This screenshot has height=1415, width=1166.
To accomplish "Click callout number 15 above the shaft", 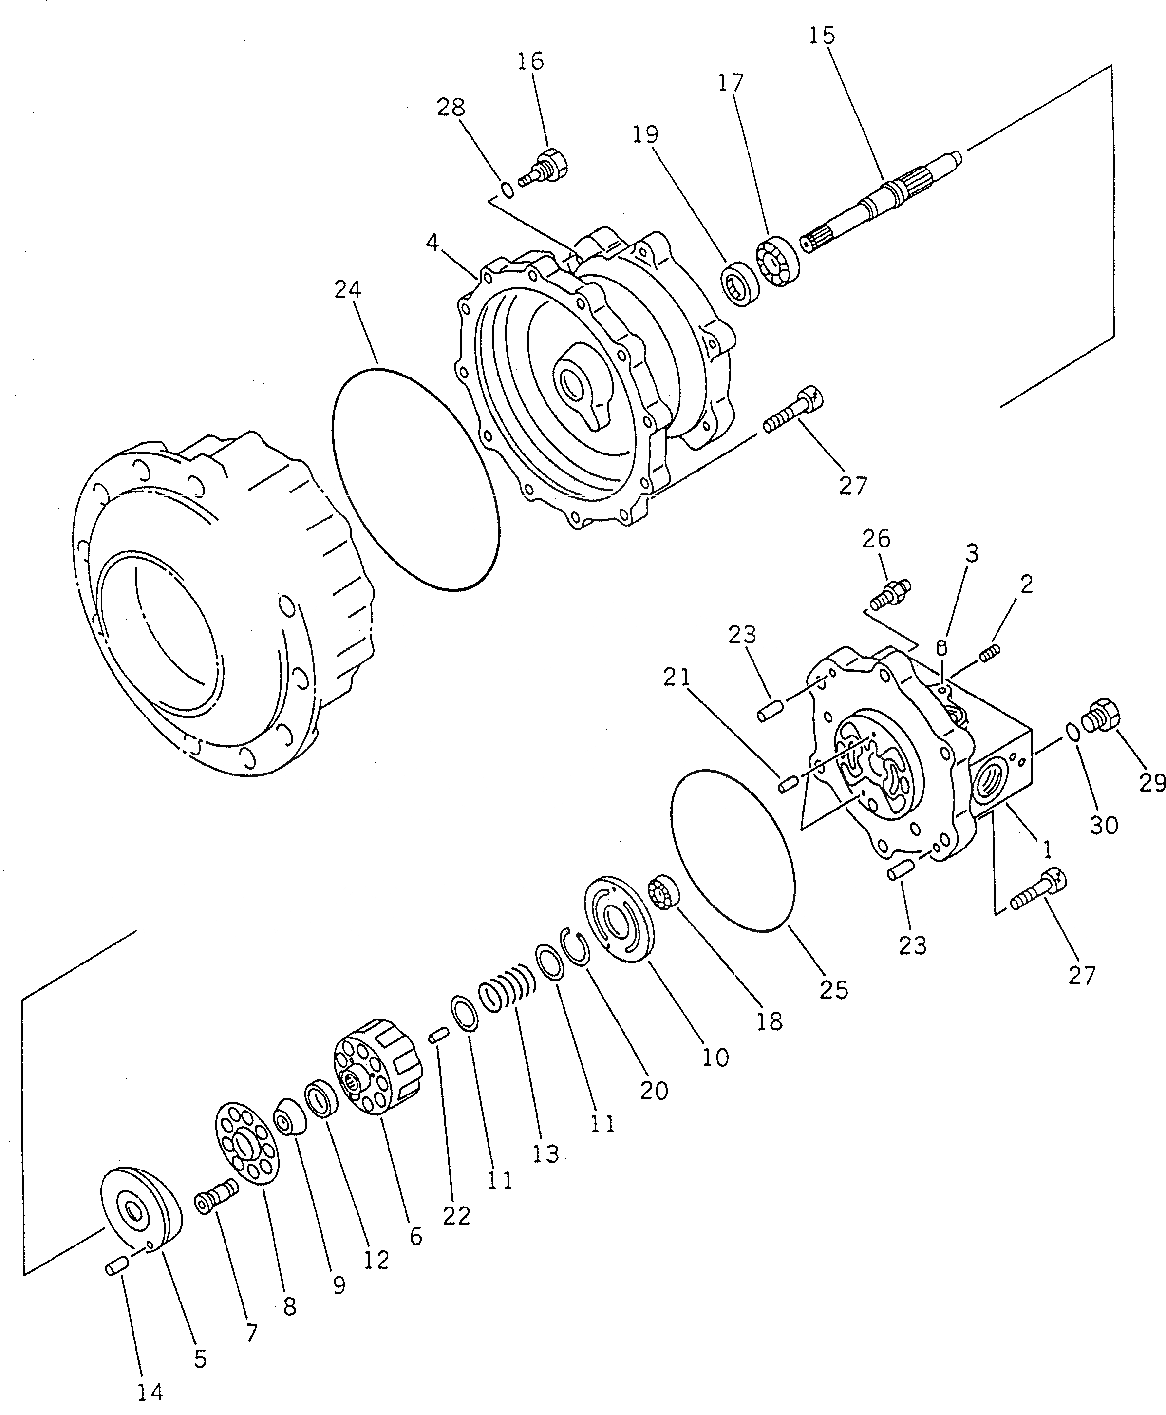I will [x=822, y=36].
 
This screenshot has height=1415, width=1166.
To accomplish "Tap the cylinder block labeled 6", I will [x=377, y=1071].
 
